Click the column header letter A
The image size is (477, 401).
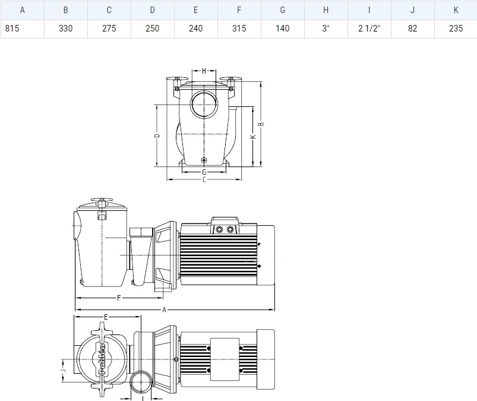coord(22,10)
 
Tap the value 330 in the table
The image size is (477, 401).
coord(66,29)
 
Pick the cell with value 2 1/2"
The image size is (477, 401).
coord(369,29)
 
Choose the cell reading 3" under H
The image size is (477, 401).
coord(326,29)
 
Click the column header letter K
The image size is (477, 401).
coord(456,10)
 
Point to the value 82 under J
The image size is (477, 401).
coord(412,29)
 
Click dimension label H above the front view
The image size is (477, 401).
coord(204,71)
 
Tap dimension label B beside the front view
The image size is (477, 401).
coord(261,124)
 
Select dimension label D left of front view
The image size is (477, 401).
coord(157,135)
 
